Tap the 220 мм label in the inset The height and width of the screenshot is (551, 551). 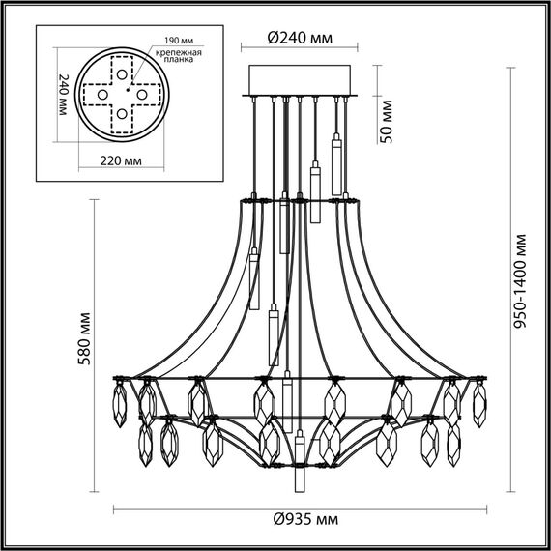(x=121, y=160)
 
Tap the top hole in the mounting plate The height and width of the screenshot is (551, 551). (x=122, y=72)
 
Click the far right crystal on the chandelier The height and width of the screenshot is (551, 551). (x=478, y=402)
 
